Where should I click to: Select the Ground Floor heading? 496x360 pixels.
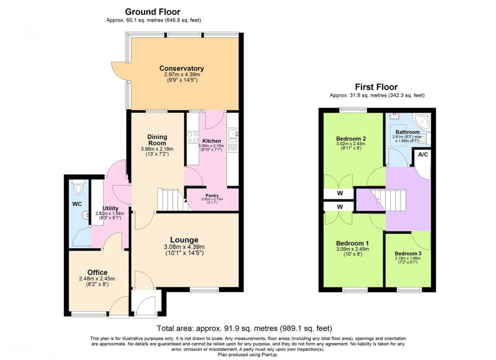click(153, 12)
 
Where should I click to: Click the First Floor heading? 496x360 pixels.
click(376, 87)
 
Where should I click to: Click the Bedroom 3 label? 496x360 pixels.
click(407, 254)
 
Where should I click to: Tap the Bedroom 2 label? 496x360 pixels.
click(351, 138)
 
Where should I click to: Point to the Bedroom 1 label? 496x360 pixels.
click(352, 243)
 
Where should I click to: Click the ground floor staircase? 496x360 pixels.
click(172, 200)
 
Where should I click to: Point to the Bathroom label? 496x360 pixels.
click(407, 132)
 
